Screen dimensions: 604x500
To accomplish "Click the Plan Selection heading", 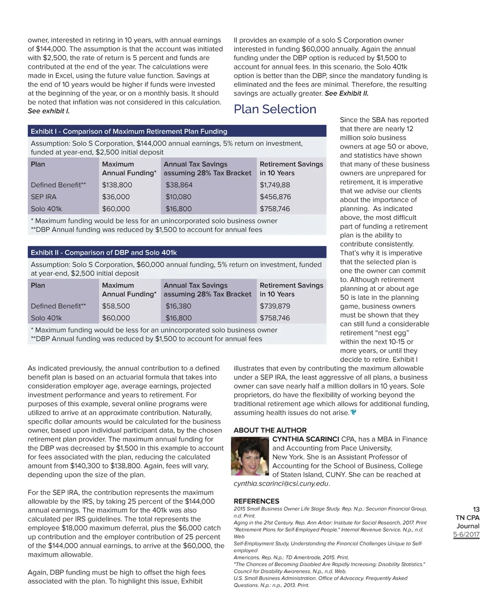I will click(x=275, y=109).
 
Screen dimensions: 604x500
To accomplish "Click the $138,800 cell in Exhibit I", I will click(x=117, y=185).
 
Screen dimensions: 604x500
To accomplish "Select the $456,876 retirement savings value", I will click(x=275, y=197).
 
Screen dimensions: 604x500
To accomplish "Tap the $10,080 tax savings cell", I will click(x=178, y=197).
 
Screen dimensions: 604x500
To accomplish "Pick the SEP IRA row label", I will click(x=43, y=197).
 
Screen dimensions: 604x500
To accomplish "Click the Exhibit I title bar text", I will click(x=129, y=131).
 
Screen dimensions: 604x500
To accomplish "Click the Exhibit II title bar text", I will click(x=104, y=252).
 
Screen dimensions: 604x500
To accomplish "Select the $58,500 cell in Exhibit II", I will click(x=116, y=306).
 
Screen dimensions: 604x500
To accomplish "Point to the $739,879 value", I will click(x=275, y=306).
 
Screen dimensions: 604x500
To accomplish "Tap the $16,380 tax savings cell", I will click(x=178, y=306).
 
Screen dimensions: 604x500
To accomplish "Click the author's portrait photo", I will click(x=250, y=456).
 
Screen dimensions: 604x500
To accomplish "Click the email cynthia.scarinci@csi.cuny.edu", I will click(x=281, y=484).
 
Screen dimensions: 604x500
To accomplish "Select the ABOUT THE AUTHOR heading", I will click(x=270, y=430).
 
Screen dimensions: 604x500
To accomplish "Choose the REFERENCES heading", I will click(x=256, y=501).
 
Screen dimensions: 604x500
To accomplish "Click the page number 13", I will click(x=476, y=509).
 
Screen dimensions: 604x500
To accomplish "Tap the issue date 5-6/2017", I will click(x=466, y=535).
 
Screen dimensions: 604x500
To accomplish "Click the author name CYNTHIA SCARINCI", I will click(x=306, y=439).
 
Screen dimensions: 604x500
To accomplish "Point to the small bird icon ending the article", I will click(x=354, y=413).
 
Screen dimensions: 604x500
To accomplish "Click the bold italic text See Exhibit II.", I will click(x=347, y=93).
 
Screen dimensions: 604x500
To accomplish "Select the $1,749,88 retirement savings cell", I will click(x=274, y=185).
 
